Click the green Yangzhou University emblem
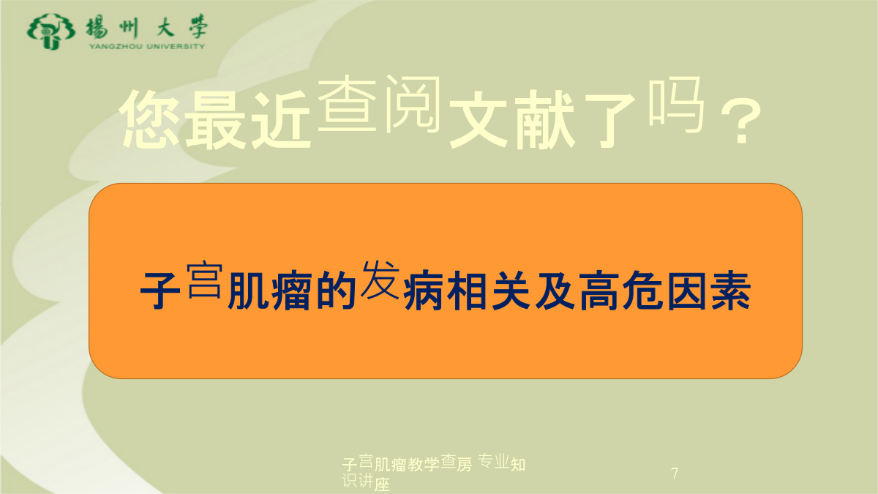(50, 31)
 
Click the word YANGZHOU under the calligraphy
(116, 46)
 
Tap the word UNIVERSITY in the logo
(176, 46)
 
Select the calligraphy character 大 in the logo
(165, 28)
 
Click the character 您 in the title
(151, 119)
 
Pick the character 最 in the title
(215, 119)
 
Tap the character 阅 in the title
(413, 104)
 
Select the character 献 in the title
(545, 119)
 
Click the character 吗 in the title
(677, 105)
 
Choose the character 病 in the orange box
(424, 291)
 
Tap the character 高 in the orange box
(599, 291)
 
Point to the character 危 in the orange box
(643, 291)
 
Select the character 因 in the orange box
(687, 291)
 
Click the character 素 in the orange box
(731, 291)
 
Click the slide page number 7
(675, 474)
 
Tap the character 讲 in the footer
(366, 480)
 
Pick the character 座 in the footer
(382, 485)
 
